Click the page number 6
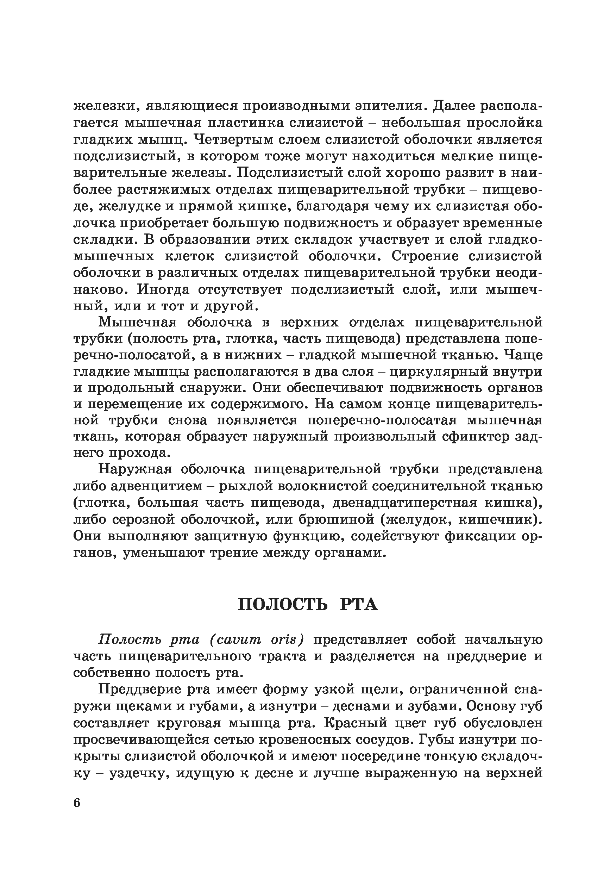77,803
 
